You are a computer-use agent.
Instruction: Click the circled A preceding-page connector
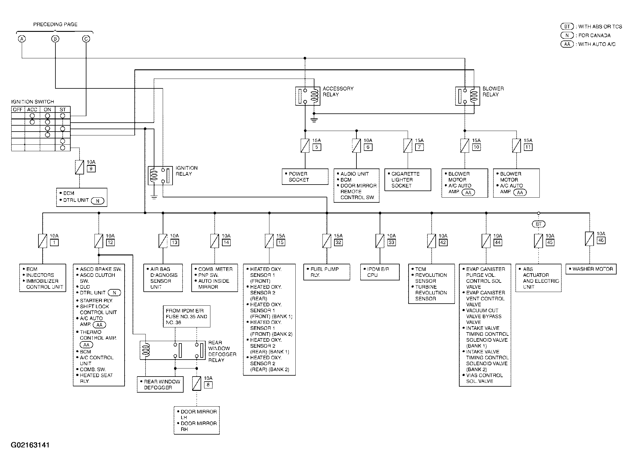pyautogui.click(x=22, y=39)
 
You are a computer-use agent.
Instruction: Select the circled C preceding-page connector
pyautogui.click(x=86, y=39)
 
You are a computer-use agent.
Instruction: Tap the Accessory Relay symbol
pyautogui.click(x=308, y=96)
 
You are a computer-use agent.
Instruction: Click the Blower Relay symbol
pyautogui.click(x=468, y=96)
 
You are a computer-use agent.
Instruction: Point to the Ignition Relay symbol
pyautogui.click(x=160, y=176)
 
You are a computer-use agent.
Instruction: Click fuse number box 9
pyautogui.click(x=91, y=169)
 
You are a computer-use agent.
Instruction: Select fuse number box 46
pyautogui.click(x=601, y=240)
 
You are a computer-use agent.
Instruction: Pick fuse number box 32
pyautogui.click(x=338, y=242)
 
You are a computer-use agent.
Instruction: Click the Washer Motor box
pyautogui.click(x=591, y=269)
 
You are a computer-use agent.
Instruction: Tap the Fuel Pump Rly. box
pyautogui.click(x=327, y=272)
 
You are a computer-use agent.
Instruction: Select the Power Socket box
pyautogui.click(x=305, y=177)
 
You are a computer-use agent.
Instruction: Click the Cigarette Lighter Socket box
pyautogui.click(x=408, y=180)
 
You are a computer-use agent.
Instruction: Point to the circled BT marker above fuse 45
pyautogui.click(x=539, y=224)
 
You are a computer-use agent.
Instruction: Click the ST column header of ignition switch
pyautogui.click(x=63, y=110)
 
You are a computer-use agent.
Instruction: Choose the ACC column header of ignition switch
pyautogui.click(x=32, y=110)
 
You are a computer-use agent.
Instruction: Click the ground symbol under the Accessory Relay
pyautogui.click(x=314, y=120)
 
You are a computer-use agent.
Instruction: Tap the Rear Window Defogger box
pyautogui.click(x=160, y=385)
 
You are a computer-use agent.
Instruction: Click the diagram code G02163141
pyautogui.click(x=30, y=445)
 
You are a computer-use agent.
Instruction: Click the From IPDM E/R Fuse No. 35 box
pyautogui.click(x=187, y=316)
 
